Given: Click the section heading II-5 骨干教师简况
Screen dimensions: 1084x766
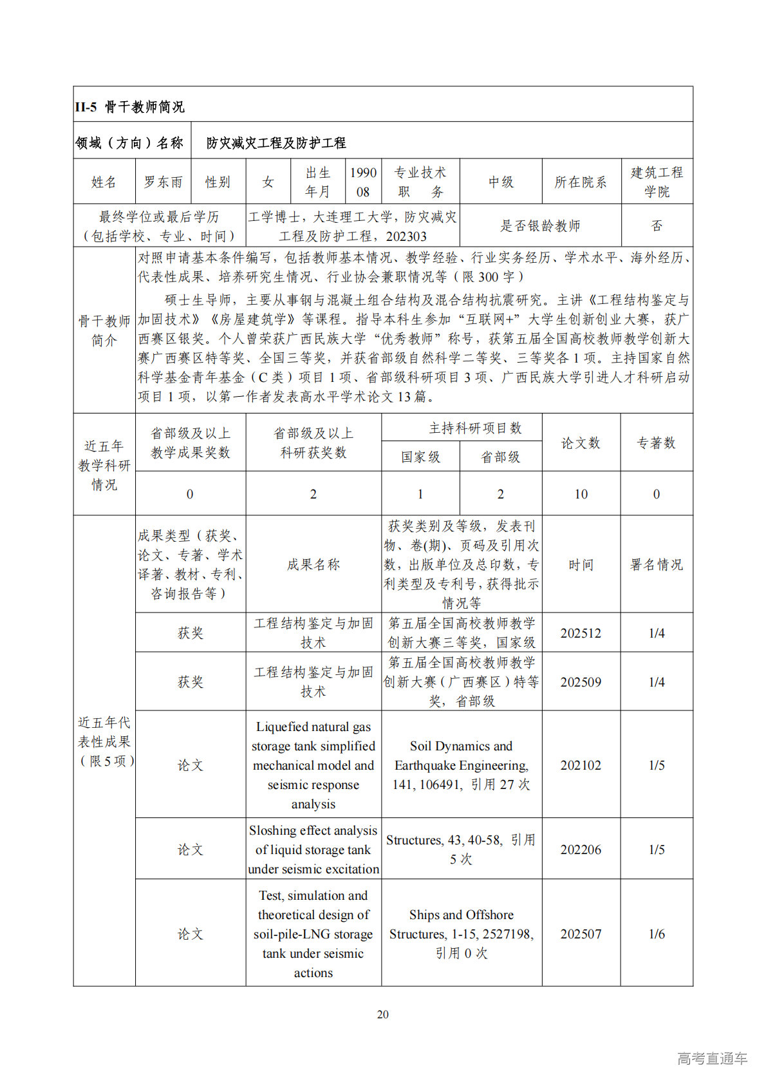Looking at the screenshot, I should (129, 107).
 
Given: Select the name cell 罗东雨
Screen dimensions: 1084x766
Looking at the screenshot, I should (163, 182).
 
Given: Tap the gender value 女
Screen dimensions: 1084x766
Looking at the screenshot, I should (268, 182).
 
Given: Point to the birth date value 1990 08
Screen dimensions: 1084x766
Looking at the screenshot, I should (363, 182).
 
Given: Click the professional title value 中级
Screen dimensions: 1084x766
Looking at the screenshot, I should (501, 182).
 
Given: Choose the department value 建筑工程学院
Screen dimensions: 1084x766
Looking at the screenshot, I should (657, 182).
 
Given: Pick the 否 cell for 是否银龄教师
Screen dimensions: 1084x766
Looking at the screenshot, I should (657, 225).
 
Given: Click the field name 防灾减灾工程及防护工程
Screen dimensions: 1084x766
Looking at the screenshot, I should (276, 143).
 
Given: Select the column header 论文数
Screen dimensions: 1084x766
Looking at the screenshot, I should (581, 443).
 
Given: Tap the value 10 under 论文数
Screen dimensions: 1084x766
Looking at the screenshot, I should (581, 494).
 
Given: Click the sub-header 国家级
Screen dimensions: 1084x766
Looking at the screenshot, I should (420, 457).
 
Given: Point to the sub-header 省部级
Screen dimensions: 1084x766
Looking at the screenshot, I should (500, 457).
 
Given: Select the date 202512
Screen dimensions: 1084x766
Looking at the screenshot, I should (581, 633).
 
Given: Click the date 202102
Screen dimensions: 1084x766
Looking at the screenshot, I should (581, 765).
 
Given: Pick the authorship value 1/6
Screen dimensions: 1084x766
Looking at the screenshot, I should (657, 934).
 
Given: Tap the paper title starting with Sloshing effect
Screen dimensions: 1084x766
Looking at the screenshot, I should (313, 850).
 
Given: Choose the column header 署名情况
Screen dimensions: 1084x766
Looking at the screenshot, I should (657, 565).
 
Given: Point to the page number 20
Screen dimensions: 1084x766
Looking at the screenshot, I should (383, 1014).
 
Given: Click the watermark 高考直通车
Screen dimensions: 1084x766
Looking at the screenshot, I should (712, 1058).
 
